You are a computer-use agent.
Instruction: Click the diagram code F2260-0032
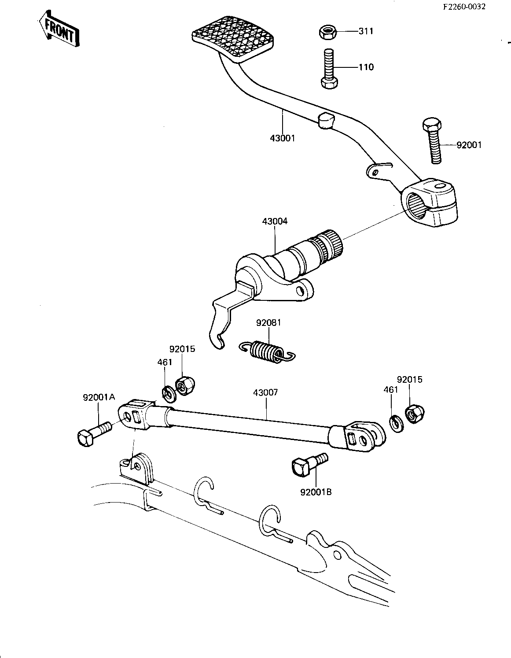tap(464, 7)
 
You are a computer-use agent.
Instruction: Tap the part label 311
tap(366, 31)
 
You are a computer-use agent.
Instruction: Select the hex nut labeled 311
tap(327, 33)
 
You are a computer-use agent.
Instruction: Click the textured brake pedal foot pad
tap(233, 40)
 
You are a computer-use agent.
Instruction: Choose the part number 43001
tap(282, 138)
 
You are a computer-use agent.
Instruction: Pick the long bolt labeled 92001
tap(433, 141)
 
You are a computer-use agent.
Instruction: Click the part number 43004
tap(275, 222)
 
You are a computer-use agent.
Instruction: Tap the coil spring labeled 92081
tap(267, 351)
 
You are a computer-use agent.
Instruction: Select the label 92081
tap(268, 323)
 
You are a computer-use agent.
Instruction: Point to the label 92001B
tap(316, 492)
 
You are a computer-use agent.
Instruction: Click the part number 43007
tap(265, 393)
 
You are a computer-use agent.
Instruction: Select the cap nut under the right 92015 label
tap(415, 414)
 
